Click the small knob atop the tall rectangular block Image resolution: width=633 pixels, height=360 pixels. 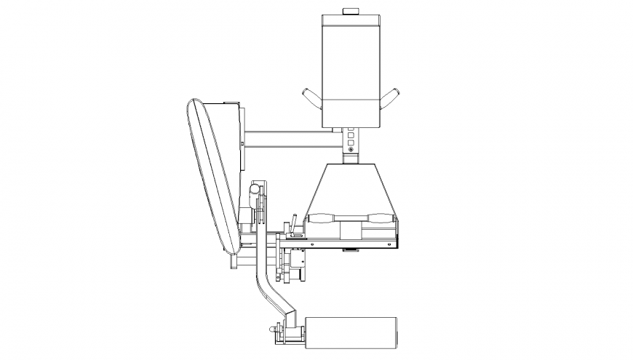(x=351, y=10)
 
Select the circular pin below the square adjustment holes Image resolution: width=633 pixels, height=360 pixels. (x=351, y=150)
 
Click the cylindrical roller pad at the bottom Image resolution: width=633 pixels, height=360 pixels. (x=351, y=333)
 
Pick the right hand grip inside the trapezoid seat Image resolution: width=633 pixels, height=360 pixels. (x=382, y=217)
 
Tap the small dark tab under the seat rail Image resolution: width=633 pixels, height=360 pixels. (x=351, y=251)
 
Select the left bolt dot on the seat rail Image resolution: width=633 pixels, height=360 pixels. (x=311, y=245)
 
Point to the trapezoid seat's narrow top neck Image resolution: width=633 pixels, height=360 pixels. (x=351, y=161)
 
